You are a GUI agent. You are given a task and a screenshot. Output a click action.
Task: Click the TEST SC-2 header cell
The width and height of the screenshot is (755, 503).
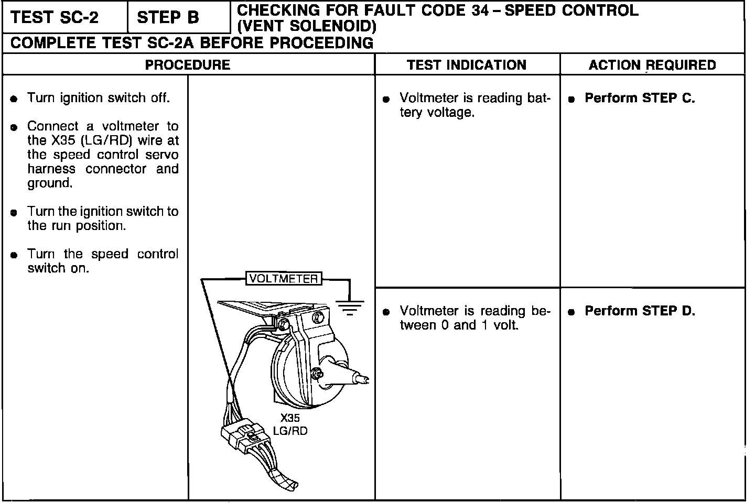(x=55, y=18)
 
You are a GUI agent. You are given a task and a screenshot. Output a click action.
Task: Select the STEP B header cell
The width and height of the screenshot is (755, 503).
(x=168, y=18)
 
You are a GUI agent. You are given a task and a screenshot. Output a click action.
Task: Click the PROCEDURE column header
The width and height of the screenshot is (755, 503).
(x=187, y=65)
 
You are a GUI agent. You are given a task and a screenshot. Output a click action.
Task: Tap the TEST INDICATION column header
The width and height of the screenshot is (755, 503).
(x=467, y=65)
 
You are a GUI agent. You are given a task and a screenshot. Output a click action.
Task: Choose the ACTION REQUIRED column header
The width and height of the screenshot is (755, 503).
(x=652, y=65)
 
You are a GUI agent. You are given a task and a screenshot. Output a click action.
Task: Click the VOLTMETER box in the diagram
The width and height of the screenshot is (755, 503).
(x=284, y=279)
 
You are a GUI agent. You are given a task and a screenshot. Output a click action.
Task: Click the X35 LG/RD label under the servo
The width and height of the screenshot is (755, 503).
(x=290, y=425)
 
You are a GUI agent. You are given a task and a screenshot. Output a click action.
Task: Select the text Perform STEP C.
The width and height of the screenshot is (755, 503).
(x=640, y=98)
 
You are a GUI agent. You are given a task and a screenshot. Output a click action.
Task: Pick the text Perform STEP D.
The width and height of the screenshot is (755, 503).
(x=640, y=311)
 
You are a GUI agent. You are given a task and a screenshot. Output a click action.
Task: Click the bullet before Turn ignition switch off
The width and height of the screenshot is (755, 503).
(x=15, y=99)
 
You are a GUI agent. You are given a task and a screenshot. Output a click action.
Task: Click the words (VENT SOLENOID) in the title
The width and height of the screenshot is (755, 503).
(x=307, y=25)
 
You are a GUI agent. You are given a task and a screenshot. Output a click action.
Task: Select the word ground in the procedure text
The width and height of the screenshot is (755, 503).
(x=49, y=183)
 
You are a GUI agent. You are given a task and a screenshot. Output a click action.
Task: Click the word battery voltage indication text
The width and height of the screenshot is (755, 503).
(x=474, y=105)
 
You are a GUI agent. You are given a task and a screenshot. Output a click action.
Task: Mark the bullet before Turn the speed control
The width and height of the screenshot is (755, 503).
(x=15, y=255)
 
